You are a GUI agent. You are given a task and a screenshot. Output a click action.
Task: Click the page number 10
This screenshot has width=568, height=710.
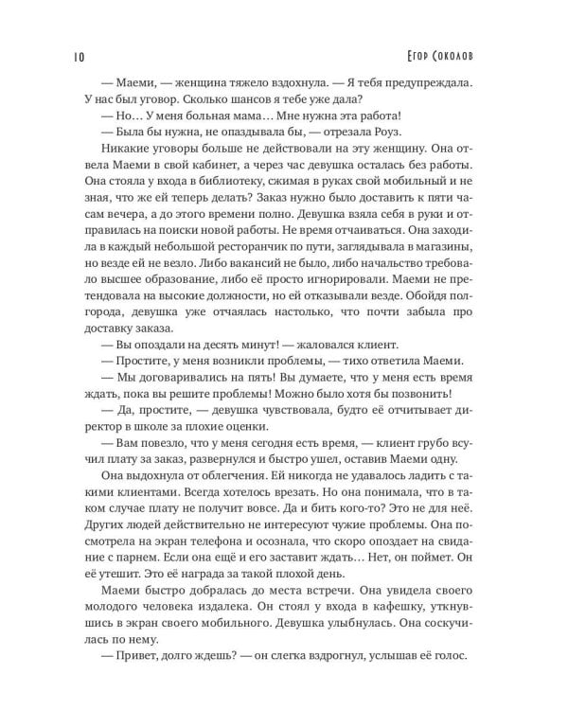click(x=77, y=55)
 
